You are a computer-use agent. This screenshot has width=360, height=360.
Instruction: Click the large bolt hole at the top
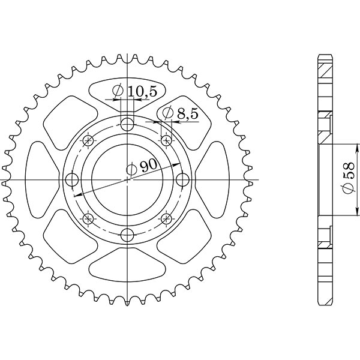127,125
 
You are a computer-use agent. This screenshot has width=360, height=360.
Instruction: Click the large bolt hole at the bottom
127,235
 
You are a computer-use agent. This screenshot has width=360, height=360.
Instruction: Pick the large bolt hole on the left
72,180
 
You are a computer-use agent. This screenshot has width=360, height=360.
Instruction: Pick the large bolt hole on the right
182,180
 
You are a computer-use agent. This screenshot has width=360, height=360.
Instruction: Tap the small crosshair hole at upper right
166,141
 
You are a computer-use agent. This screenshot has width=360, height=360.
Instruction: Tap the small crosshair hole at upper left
88,141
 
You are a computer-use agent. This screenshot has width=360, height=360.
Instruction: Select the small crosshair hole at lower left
88,218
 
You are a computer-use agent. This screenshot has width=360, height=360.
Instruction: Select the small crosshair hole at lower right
166,218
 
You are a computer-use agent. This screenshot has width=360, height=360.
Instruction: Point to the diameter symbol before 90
131,170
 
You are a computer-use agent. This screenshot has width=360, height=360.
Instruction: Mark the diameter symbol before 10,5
117,91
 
